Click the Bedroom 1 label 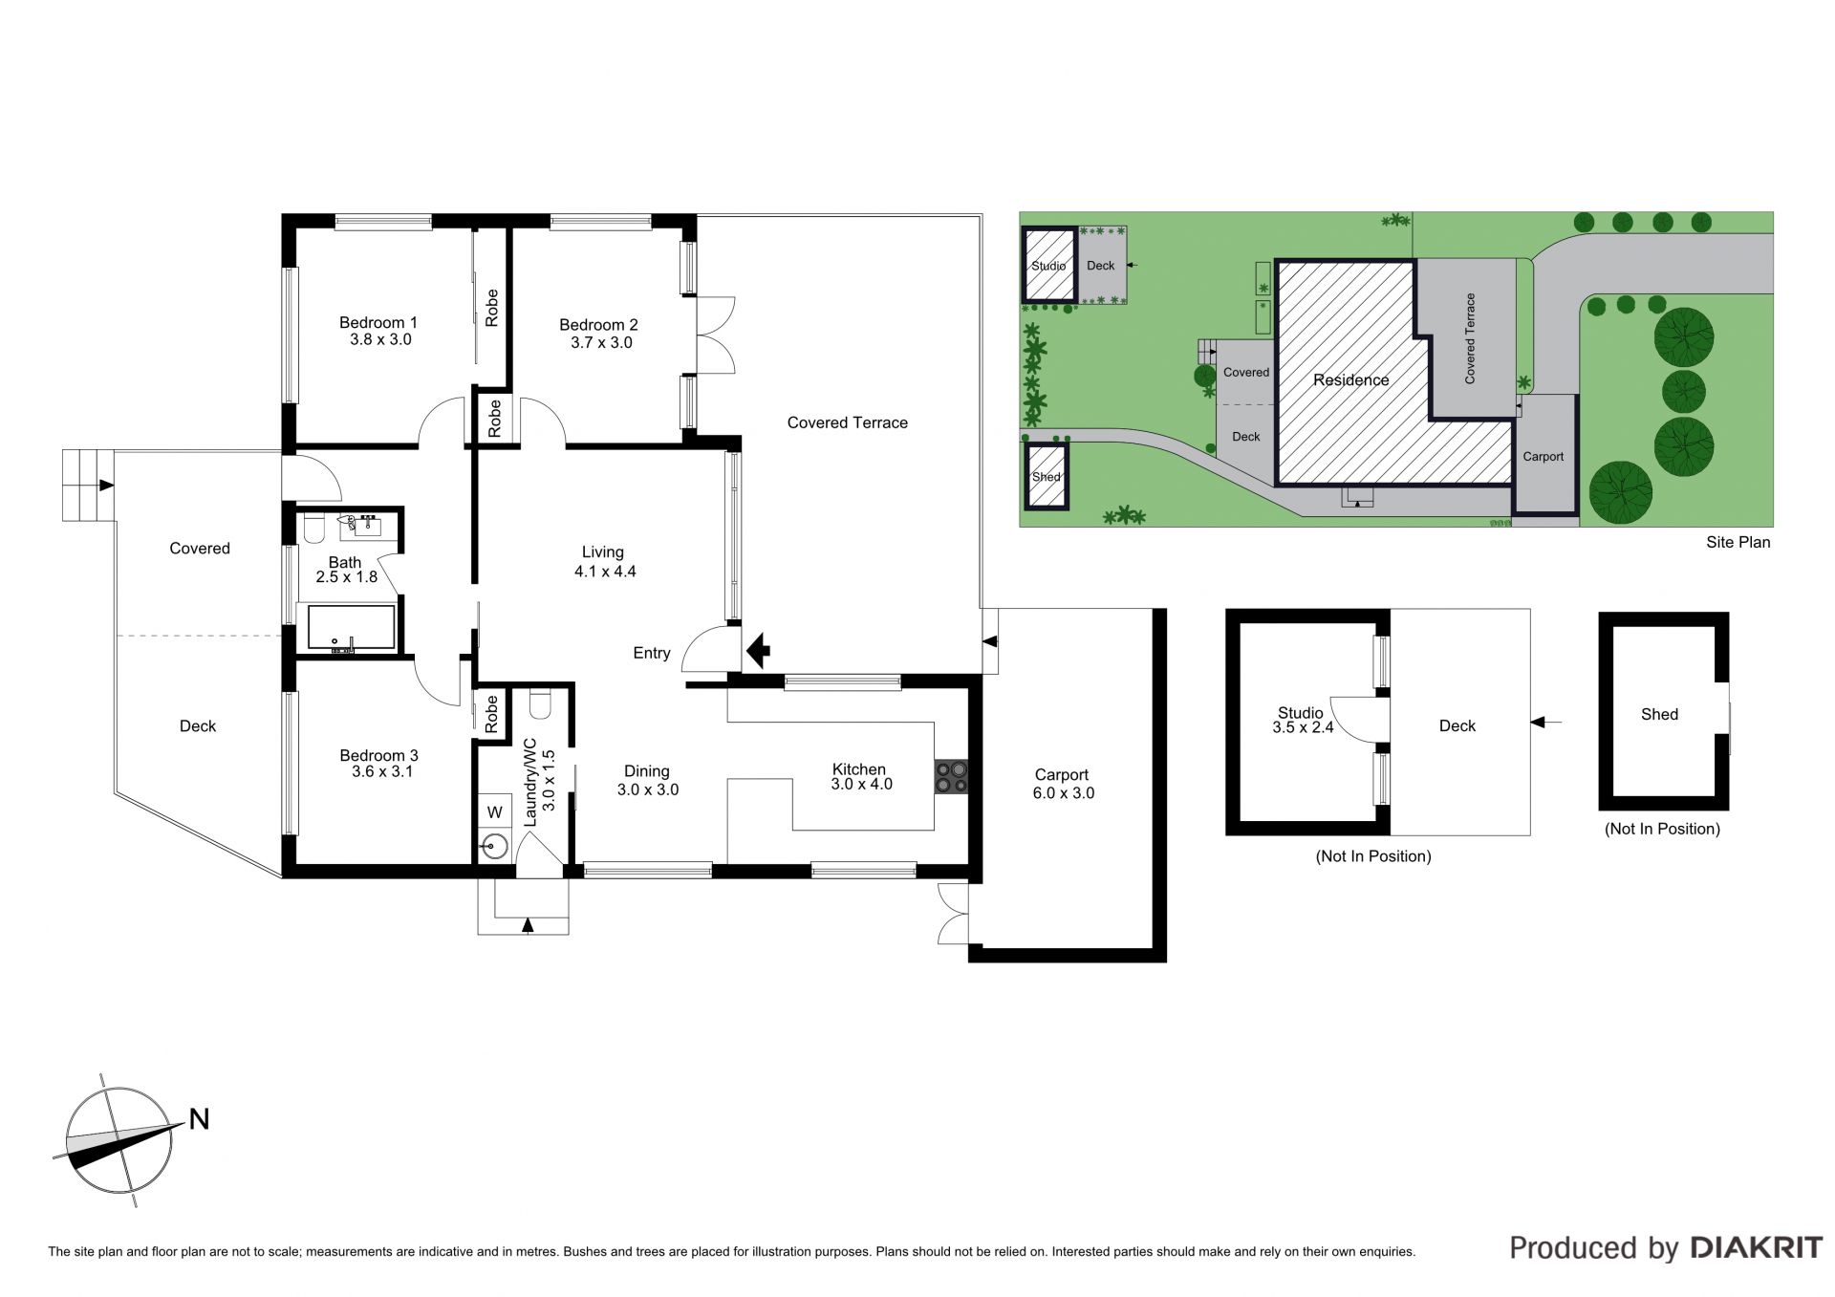(379, 331)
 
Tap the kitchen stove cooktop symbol (951, 776)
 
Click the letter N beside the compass (199, 1119)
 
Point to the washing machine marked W (494, 812)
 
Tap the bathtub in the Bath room (352, 628)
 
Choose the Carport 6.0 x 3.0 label (1063, 784)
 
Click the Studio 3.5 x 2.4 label (1302, 720)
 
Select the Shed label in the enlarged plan (1659, 714)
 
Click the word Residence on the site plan (1350, 380)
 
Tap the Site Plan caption (1738, 542)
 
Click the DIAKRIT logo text (1757, 1247)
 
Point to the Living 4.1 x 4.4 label (604, 561)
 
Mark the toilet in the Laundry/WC (540, 704)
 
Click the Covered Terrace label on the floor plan (847, 422)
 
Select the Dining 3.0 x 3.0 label (647, 780)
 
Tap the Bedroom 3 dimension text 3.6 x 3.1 (381, 771)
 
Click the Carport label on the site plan (1543, 457)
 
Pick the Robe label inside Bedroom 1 (491, 308)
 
